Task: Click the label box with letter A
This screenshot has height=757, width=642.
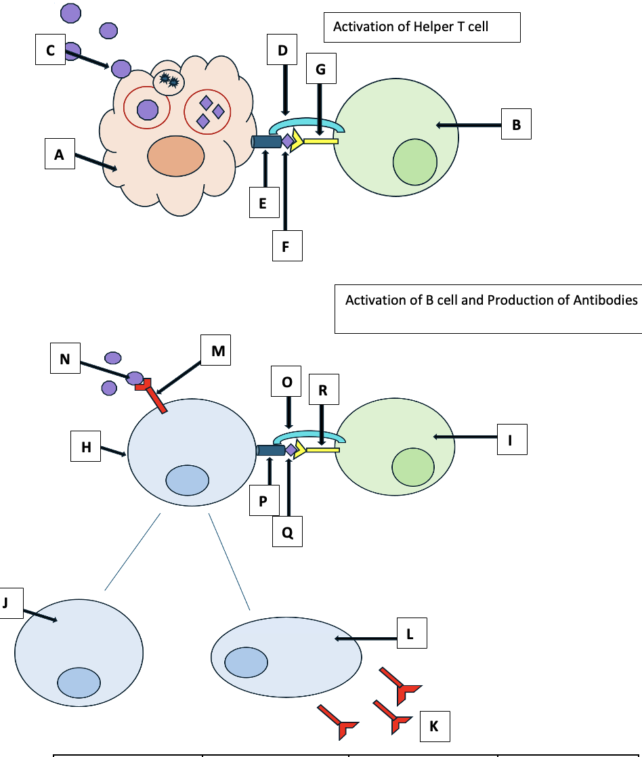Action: [x=60, y=154]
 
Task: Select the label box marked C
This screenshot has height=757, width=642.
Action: [x=51, y=50]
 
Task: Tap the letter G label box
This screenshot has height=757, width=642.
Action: [x=321, y=69]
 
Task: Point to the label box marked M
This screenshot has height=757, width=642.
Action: [x=217, y=351]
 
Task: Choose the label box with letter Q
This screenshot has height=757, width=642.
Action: [x=287, y=532]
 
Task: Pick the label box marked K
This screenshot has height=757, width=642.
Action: [x=434, y=726]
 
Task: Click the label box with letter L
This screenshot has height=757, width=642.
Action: [x=412, y=634]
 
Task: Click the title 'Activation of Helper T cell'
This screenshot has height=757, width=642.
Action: [x=410, y=28]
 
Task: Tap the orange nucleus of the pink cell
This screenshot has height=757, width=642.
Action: [x=176, y=155]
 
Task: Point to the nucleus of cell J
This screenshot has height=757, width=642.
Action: [x=79, y=682]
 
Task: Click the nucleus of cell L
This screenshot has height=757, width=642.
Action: [x=246, y=662]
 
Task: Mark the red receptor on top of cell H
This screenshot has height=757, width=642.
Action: [x=153, y=395]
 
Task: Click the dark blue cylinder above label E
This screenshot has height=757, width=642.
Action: [x=266, y=142]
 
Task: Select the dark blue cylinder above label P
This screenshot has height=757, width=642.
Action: [x=271, y=450]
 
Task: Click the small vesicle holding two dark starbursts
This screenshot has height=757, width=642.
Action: [x=168, y=82]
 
